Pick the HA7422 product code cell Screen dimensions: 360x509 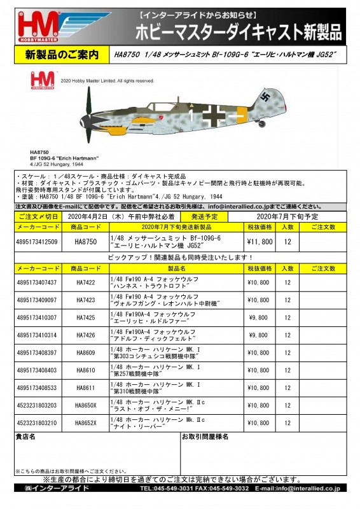tap(85, 282)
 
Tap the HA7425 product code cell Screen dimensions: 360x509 tap(85, 317)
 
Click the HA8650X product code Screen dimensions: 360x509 tap(85, 405)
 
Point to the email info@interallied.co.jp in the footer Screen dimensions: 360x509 tap(310, 488)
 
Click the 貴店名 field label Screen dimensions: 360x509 tap(25, 438)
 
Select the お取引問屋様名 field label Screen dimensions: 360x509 tap(205, 438)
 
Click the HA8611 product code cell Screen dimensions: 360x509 tap(85, 387)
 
